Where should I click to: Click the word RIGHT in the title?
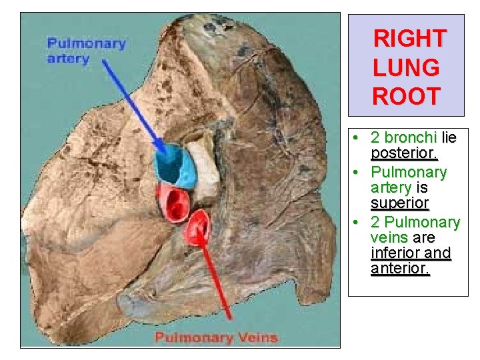(x=409, y=38)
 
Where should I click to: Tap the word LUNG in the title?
(x=406, y=67)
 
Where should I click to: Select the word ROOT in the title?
(x=406, y=97)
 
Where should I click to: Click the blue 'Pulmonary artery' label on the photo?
(x=86, y=51)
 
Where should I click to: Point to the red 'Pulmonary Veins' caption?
(x=216, y=337)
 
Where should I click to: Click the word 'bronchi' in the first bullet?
(x=411, y=138)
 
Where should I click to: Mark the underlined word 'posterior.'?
(x=404, y=155)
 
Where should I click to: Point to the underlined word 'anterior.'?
(x=400, y=269)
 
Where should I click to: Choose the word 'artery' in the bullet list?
(x=391, y=187)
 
